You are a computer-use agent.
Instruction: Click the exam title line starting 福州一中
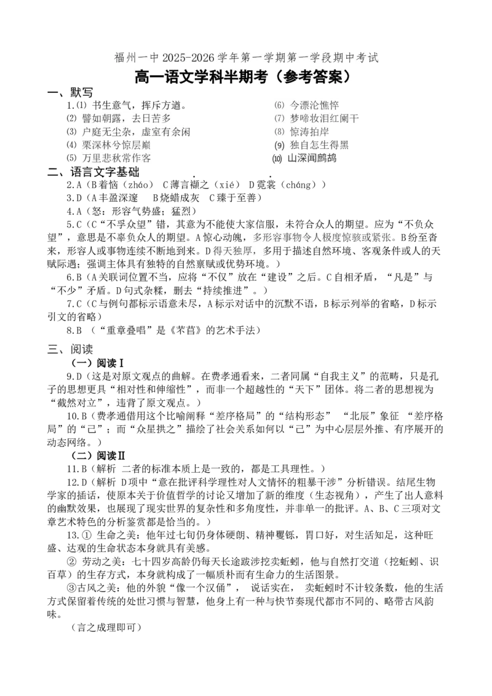[x=247, y=58]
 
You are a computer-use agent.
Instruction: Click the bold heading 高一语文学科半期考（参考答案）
[x=246, y=77]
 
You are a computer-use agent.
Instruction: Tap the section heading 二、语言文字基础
[x=93, y=172]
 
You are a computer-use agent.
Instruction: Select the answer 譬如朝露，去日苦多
[x=127, y=119]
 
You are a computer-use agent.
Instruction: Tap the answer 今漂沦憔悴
[x=314, y=106]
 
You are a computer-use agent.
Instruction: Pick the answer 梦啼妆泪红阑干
[x=324, y=119]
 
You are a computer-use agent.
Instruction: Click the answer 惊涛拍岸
[x=309, y=132]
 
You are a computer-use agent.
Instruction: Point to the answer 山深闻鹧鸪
[x=312, y=159]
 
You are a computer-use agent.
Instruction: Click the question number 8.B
[x=74, y=330]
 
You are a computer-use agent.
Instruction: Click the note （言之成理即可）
[x=106, y=628]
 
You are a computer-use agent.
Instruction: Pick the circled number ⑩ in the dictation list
[x=278, y=159]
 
